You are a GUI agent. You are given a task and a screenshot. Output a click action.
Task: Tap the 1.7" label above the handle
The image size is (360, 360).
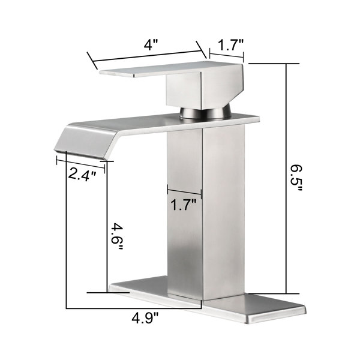pyautogui.click(x=230, y=45)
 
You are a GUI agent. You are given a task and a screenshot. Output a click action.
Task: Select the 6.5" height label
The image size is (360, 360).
pyautogui.click(x=296, y=178)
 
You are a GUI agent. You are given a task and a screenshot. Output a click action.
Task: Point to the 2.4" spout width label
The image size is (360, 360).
pyautogui.click(x=82, y=174)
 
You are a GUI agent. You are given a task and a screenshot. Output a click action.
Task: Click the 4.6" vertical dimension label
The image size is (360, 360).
pyautogui.click(x=117, y=237)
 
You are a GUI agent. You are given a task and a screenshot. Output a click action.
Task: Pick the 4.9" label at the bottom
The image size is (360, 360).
pyautogui.click(x=145, y=318)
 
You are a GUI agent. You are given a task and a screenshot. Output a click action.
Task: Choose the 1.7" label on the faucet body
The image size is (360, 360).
pyautogui.click(x=184, y=205)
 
